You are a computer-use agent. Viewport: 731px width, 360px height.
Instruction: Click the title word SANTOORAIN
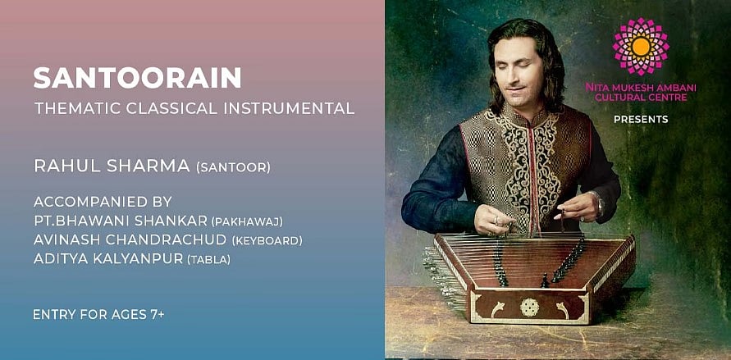[x=137, y=78]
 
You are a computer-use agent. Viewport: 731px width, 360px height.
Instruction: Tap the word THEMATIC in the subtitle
[x=76, y=108]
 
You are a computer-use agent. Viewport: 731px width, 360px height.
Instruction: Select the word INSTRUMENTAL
[x=289, y=108]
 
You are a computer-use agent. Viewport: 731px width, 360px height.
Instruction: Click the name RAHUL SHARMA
[x=112, y=166]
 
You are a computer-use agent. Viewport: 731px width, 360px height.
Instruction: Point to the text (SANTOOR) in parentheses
[x=233, y=167]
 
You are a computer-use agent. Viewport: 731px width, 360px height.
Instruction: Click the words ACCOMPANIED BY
[x=103, y=202]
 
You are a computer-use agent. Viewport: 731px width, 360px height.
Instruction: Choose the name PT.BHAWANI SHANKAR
[x=121, y=221]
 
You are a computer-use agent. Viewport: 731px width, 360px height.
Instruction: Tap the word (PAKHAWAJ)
[x=247, y=222]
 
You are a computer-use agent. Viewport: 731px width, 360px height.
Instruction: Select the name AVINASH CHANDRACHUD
[x=130, y=239]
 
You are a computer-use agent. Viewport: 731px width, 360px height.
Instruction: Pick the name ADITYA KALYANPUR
[x=108, y=258]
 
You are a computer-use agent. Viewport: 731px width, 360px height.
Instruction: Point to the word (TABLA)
[x=208, y=259]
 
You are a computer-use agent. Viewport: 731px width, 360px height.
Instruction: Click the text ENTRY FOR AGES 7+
[x=98, y=315]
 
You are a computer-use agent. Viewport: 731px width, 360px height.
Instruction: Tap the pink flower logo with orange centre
[x=641, y=46]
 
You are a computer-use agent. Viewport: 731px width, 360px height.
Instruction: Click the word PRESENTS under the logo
[x=641, y=120]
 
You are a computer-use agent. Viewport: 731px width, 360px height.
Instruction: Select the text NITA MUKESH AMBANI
[x=641, y=88]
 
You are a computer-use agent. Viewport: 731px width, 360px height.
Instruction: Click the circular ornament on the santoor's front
[x=530, y=308]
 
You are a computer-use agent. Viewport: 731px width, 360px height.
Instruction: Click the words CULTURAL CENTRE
[x=641, y=98]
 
